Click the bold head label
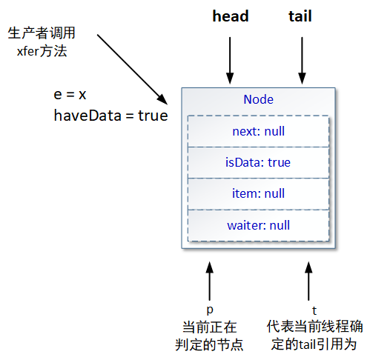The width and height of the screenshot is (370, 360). (230, 16)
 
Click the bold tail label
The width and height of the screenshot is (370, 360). (300, 16)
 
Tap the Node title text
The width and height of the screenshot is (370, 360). (258, 100)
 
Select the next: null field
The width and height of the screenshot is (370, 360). (258, 132)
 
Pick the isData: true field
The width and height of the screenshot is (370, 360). (258, 163)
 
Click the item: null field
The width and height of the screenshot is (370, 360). (258, 194)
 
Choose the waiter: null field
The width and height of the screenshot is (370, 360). (258, 225)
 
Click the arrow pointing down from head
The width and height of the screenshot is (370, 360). (230, 59)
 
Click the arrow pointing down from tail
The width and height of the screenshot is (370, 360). (302, 59)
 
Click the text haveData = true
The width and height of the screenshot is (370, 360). (110, 116)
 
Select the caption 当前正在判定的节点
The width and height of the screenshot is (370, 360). (213, 336)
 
